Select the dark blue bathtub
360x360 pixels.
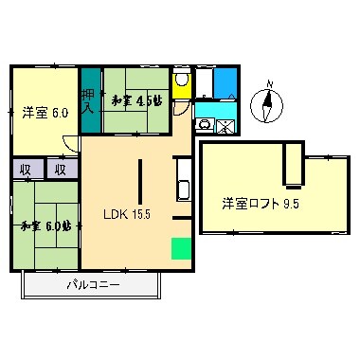(x=225, y=82)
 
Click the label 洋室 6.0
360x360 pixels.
(x=45, y=112)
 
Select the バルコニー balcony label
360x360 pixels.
(x=93, y=284)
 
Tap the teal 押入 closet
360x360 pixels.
(x=88, y=99)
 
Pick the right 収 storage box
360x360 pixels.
(x=59, y=170)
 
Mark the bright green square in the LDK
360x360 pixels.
(x=179, y=248)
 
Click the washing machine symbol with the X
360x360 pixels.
(x=225, y=125)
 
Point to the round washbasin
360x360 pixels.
(x=204, y=124)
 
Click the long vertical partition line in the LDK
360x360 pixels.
(x=141, y=189)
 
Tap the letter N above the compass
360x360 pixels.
(x=268, y=84)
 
